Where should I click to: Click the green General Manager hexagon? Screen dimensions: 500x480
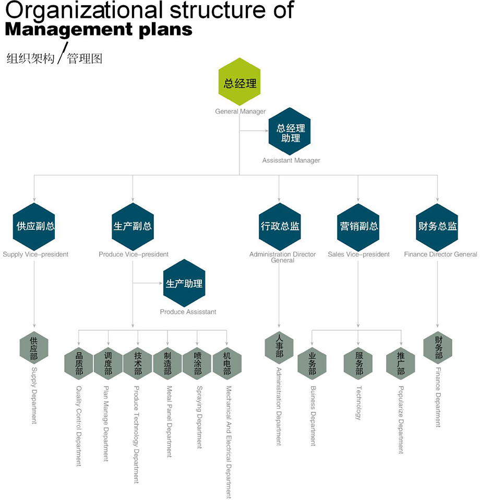[x=240, y=82]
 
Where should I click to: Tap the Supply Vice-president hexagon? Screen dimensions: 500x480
[x=34, y=226]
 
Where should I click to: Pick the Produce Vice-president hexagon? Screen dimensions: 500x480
[x=133, y=226]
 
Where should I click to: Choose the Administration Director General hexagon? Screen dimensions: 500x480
[x=280, y=226]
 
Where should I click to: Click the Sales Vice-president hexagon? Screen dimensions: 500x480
[x=358, y=226]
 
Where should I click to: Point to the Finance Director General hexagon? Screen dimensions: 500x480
[x=437, y=226]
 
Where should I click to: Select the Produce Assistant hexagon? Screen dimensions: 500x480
[x=184, y=283]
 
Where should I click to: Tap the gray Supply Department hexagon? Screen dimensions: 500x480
[x=34, y=347]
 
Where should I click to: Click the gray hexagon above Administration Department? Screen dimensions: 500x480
[x=279, y=347]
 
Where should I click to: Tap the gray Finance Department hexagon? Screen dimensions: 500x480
[x=438, y=347]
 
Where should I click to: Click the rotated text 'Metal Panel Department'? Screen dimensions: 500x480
[x=168, y=422]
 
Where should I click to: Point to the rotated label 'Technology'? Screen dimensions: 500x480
[x=358, y=403]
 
